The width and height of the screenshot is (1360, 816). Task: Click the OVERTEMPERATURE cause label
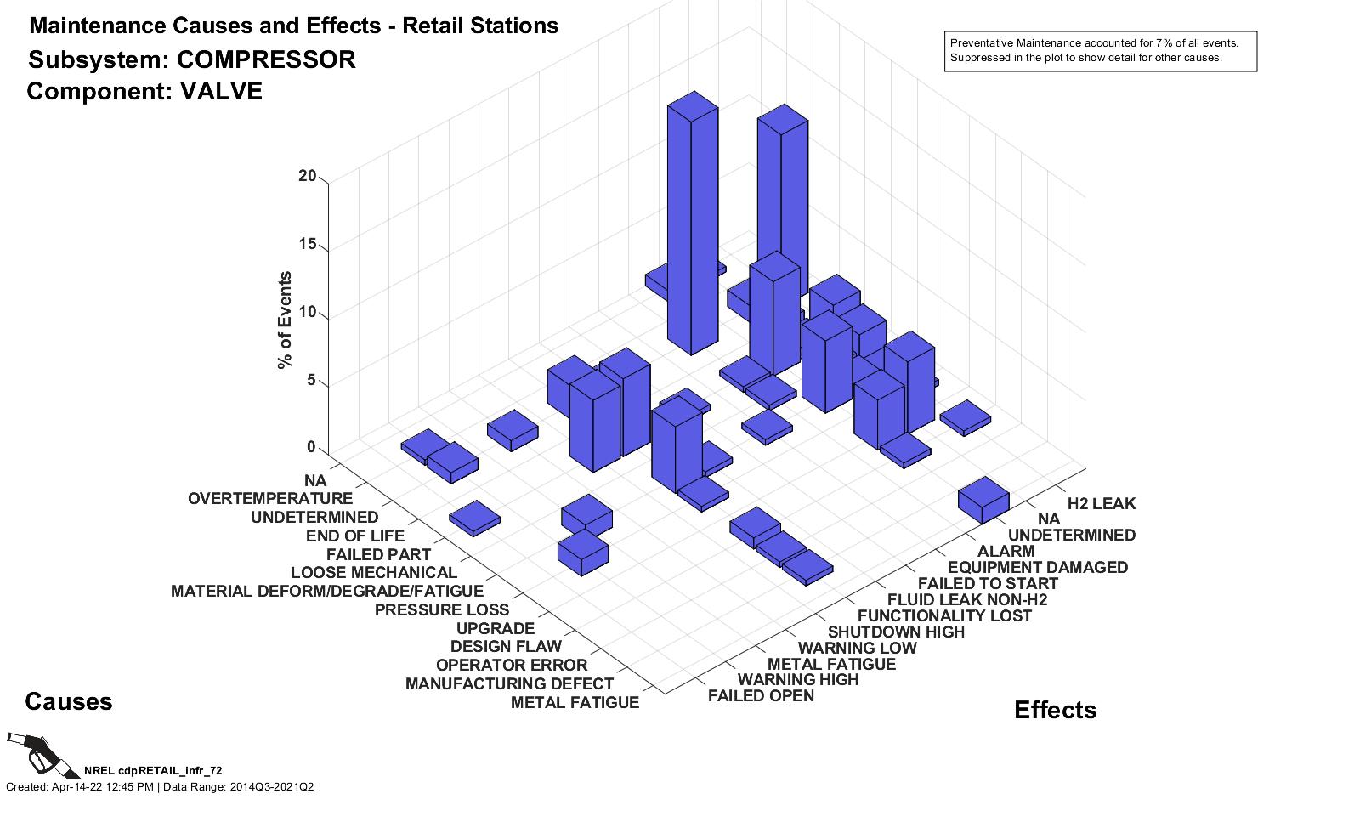pyautogui.click(x=269, y=499)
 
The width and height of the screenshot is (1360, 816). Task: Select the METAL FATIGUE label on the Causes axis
pyautogui.click(x=575, y=703)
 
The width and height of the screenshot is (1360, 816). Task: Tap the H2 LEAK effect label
pyautogui.click(x=1101, y=504)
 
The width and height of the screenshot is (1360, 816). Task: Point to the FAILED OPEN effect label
pyautogui.click(x=761, y=696)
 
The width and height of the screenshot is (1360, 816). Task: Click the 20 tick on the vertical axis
pyautogui.click(x=308, y=177)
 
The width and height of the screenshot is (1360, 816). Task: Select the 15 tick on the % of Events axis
pyautogui.click(x=308, y=245)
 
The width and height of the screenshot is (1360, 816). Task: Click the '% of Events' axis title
pyautogui.click(x=285, y=320)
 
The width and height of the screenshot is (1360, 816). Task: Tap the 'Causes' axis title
pyautogui.click(x=69, y=702)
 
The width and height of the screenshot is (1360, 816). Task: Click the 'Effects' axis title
pyautogui.click(x=1055, y=711)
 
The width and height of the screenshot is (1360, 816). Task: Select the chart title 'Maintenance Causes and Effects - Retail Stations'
pyautogui.click(x=293, y=25)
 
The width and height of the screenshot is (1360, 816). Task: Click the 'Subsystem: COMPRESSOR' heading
pyautogui.click(x=192, y=60)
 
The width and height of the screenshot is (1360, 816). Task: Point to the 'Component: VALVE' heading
pyautogui.click(x=144, y=92)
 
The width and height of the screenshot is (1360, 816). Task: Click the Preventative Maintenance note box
pyautogui.click(x=1100, y=51)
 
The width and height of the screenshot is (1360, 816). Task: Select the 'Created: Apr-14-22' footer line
pyautogui.click(x=160, y=787)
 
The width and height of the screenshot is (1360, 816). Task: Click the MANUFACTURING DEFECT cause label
pyautogui.click(x=509, y=684)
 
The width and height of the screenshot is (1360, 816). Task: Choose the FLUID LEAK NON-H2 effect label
pyautogui.click(x=967, y=600)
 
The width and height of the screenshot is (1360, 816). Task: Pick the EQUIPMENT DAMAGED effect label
pyautogui.click(x=1037, y=568)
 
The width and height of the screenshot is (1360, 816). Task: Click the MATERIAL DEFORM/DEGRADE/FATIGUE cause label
pyautogui.click(x=327, y=592)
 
